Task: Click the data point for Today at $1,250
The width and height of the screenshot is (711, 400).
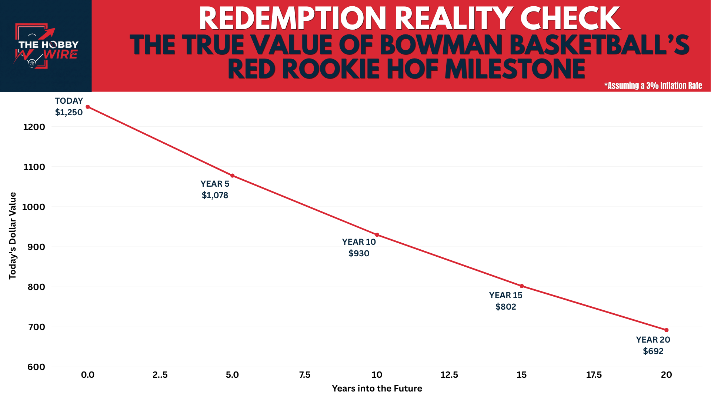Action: click(x=88, y=107)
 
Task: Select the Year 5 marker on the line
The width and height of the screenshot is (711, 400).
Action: click(x=233, y=176)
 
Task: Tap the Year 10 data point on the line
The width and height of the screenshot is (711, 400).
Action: click(x=377, y=235)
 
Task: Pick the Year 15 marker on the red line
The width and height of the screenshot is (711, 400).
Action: click(x=522, y=286)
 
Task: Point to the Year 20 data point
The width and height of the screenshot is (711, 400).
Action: click(x=667, y=330)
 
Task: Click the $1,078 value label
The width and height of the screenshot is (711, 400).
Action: click(x=215, y=195)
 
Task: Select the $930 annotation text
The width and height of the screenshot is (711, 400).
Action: click(x=359, y=253)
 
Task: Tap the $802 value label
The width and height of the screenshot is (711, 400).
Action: click(x=506, y=307)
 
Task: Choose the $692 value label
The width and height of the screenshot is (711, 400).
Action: click(x=653, y=351)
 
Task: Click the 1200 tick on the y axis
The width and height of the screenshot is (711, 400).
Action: click(x=34, y=127)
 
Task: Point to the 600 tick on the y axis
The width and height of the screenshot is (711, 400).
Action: click(x=36, y=367)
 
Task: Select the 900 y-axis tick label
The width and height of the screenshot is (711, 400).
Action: click(x=36, y=247)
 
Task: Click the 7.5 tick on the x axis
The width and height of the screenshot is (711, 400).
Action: click(x=305, y=375)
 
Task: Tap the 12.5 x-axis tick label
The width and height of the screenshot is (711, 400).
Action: click(x=449, y=375)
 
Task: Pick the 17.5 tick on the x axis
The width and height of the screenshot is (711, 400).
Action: click(x=594, y=375)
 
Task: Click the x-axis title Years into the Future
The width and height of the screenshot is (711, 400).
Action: click(x=377, y=389)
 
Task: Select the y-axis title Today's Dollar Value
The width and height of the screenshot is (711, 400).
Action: click(x=13, y=236)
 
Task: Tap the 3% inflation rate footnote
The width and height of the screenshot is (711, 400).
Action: click(x=653, y=86)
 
